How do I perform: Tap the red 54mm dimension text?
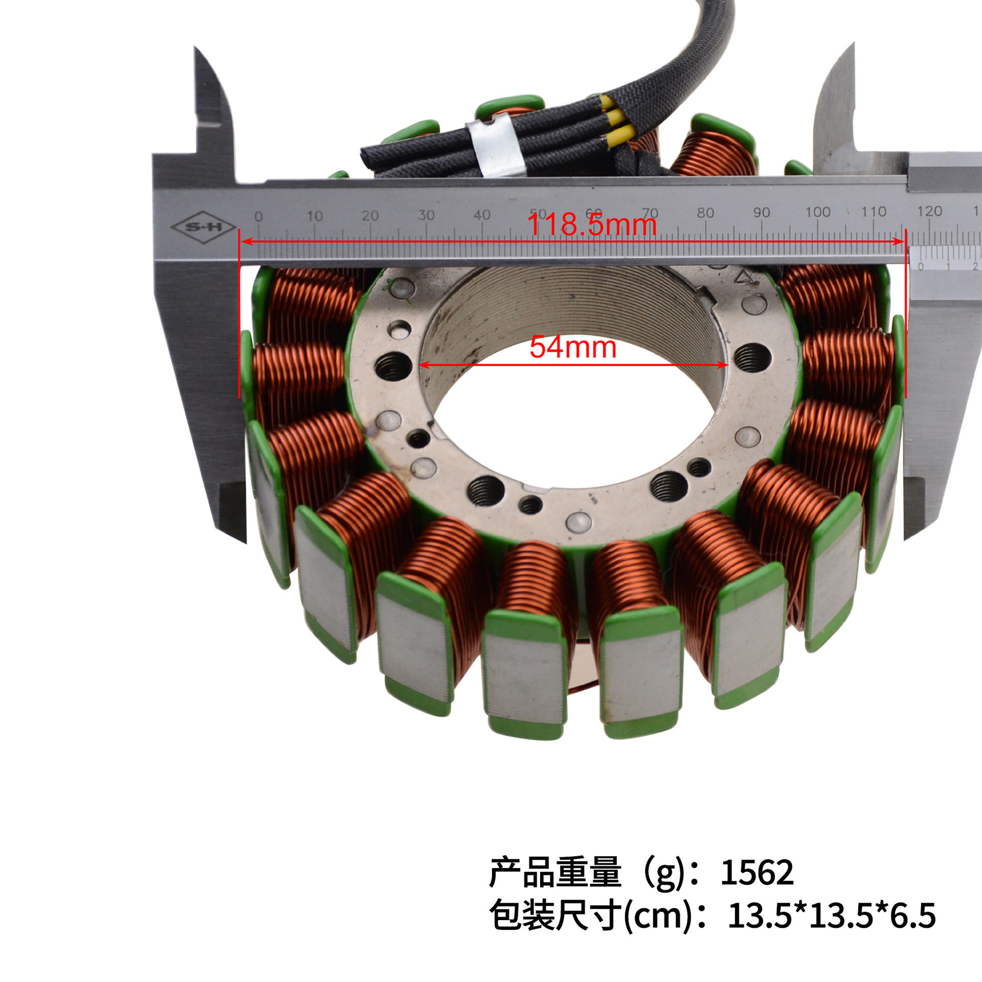[573, 347]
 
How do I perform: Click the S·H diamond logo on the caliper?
[203, 226]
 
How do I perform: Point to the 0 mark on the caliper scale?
[258, 216]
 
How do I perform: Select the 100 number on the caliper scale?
[817, 212]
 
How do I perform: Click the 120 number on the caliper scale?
[929, 211]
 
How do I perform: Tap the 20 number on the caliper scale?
[370, 215]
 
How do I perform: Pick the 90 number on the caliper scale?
[761, 212]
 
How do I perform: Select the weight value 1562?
[757, 873]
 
